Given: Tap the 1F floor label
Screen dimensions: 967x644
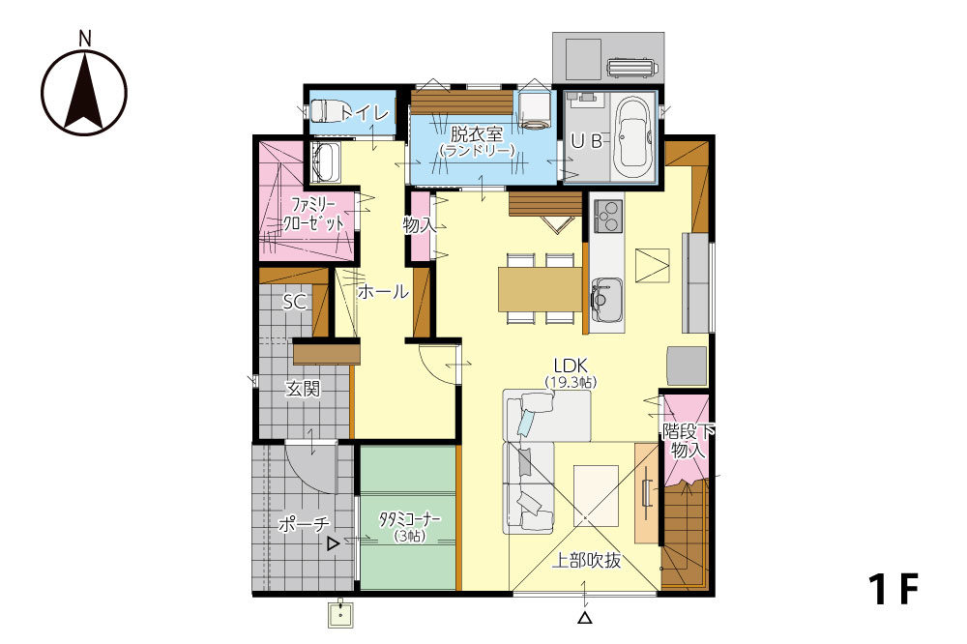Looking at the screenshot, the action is (894, 589).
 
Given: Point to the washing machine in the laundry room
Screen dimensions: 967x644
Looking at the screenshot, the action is (534, 109).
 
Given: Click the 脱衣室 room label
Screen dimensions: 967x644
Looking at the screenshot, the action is (476, 133).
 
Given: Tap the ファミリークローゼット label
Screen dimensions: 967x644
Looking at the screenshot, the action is (312, 214).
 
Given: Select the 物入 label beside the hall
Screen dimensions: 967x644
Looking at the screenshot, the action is (420, 225).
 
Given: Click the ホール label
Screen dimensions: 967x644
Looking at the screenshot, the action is (383, 291).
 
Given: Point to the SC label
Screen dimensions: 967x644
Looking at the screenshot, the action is (295, 303).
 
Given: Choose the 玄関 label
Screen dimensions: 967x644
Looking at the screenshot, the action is (302, 389).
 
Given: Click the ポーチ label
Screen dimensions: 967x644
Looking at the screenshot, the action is (304, 524).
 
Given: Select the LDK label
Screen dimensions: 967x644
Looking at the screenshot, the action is (571, 366).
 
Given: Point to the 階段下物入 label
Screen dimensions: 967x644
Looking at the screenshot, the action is (688, 440).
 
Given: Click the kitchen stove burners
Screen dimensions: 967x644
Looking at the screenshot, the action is (607, 216).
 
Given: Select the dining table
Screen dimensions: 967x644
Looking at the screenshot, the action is (541, 289).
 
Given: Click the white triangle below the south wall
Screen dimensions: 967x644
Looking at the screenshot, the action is (585, 618).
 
